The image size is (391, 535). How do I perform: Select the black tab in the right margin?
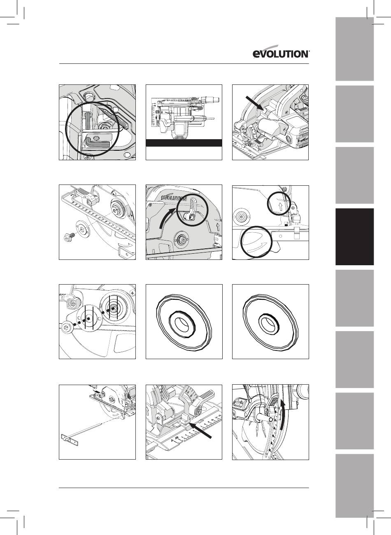coord(354,237)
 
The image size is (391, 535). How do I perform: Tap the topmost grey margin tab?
coord(354,49)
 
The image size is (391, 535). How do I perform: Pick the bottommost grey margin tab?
coord(354,485)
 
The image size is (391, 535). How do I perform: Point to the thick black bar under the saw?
coord(184,143)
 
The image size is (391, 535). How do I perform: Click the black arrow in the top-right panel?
coord(255,103)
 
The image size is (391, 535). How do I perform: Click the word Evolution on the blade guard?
coord(174,198)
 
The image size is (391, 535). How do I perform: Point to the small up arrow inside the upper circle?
coord(281,206)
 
